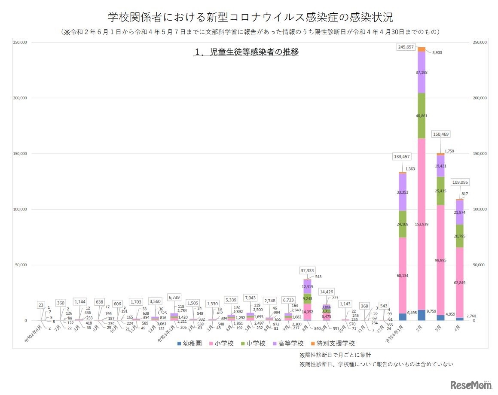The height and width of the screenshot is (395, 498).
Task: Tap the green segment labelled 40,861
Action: click(x=422, y=116)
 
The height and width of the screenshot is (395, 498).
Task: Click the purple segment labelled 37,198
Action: click(x=422, y=73)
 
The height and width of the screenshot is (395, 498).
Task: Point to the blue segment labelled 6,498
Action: click(x=402, y=317)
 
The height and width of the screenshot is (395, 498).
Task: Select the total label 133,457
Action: click(x=402, y=157)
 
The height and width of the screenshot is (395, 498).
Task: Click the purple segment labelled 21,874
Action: click(x=460, y=213)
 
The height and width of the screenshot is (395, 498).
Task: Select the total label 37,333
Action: click(x=308, y=270)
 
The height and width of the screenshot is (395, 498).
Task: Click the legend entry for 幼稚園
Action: click(x=189, y=343)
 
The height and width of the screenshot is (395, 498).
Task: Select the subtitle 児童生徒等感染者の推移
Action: click(x=246, y=52)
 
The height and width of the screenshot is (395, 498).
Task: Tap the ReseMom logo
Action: click(x=471, y=384)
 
